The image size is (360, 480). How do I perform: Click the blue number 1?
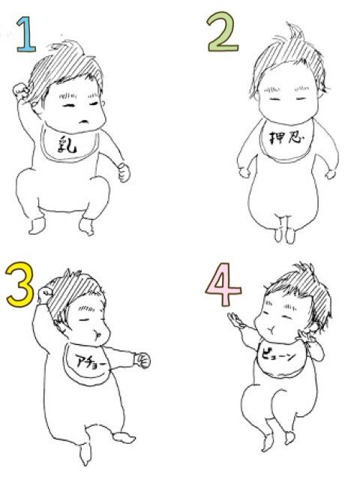click(26, 34)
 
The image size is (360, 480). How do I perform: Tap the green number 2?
click(223, 31)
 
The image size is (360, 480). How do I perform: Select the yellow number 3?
click(19, 284)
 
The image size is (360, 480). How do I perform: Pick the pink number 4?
click(223, 285)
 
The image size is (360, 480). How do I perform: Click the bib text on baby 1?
click(67, 144)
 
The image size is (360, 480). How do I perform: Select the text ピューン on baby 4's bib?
click(278, 357)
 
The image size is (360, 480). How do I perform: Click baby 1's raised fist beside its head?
click(21, 91)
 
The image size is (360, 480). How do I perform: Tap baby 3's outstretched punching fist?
click(142, 361)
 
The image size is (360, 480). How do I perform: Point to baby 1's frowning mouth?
click(84, 121)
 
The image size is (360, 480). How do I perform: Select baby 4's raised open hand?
click(235, 320)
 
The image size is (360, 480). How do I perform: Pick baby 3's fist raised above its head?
click(46, 295)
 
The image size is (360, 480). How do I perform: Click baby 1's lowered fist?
click(124, 172)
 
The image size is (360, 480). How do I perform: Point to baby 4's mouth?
click(271, 330)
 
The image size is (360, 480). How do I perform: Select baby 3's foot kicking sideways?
click(124, 437)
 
